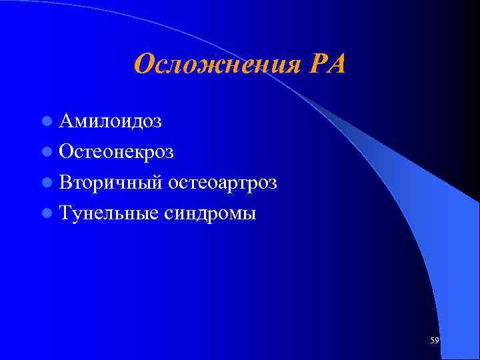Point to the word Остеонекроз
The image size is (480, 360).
tap(116, 152)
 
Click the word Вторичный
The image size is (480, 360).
tap(110, 183)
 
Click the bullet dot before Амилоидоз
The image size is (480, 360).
tap(46, 122)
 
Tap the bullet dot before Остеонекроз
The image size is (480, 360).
tap(46, 153)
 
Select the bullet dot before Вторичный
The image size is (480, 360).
tap(46, 183)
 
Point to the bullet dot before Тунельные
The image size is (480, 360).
tap(46, 214)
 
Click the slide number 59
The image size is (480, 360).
tap(435, 341)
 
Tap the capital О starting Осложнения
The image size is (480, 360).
tap(143, 65)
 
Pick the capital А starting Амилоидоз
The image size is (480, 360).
tap(66, 121)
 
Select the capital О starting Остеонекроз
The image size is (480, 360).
tap(66, 152)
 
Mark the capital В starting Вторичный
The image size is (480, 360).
tap(65, 183)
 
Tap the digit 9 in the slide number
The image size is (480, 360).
tap(437, 341)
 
